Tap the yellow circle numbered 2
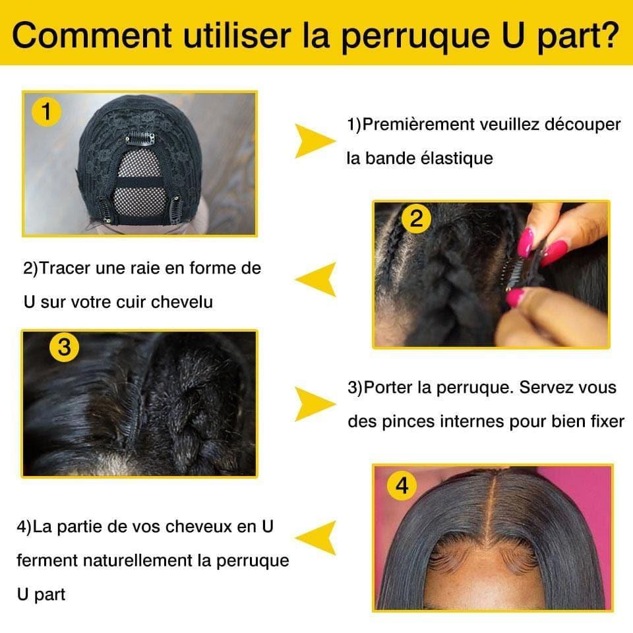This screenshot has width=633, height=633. (x=416, y=218)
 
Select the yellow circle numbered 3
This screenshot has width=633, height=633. (x=64, y=347)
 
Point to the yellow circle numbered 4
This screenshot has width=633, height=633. (x=402, y=487)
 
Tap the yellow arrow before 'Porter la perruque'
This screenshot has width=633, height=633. (x=315, y=404)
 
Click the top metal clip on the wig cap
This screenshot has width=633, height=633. (x=140, y=138)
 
